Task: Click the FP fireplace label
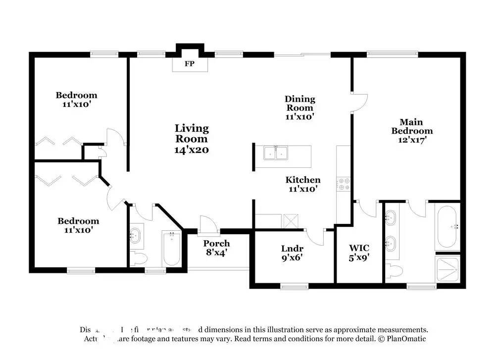[x=189, y=64]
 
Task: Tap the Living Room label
[x=192, y=139]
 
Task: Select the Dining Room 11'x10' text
[x=300, y=107]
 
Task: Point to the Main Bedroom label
[x=411, y=131]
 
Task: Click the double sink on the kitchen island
[x=276, y=154]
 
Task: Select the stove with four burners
[x=344, y=184]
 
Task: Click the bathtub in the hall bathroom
[x=172, y=248]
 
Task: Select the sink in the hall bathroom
[x=136, y=235]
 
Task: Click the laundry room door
[x=315, y=236]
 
